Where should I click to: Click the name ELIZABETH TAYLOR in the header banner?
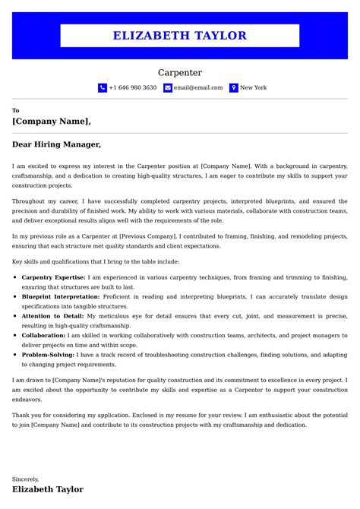tap(180, 36)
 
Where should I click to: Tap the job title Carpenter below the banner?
tap(180, 73)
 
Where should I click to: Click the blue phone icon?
tap(103, 88)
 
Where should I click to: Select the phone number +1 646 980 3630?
tap(132, 88)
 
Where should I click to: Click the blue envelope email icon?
tap(167, 88)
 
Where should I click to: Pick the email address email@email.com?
tap(198, 88)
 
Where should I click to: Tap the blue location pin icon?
tap(234, 88)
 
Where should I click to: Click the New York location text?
tap(253, 88)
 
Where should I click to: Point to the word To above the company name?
tap(16, 110)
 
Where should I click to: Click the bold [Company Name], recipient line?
tap(52, 121)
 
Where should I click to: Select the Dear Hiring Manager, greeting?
tap(56, 144)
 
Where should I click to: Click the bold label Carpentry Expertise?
tap(53, 278)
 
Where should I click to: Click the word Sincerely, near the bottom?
tap(25, 479)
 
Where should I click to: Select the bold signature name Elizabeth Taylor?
tap(48, 490)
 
